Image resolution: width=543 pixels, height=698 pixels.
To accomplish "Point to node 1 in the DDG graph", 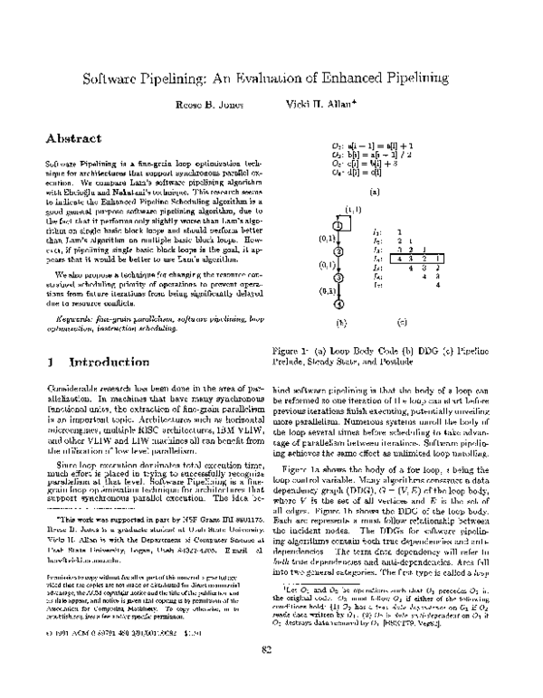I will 336,226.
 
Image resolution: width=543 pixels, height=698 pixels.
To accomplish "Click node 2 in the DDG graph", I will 336,252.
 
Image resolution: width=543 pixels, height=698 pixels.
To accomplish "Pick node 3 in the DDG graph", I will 336,278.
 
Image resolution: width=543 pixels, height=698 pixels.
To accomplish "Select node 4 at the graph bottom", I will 336,303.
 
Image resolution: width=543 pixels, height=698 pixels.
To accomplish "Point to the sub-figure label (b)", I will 341,321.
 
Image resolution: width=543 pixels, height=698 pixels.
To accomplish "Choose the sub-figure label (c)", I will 402,321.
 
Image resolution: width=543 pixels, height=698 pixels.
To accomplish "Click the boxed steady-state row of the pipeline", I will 414,259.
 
